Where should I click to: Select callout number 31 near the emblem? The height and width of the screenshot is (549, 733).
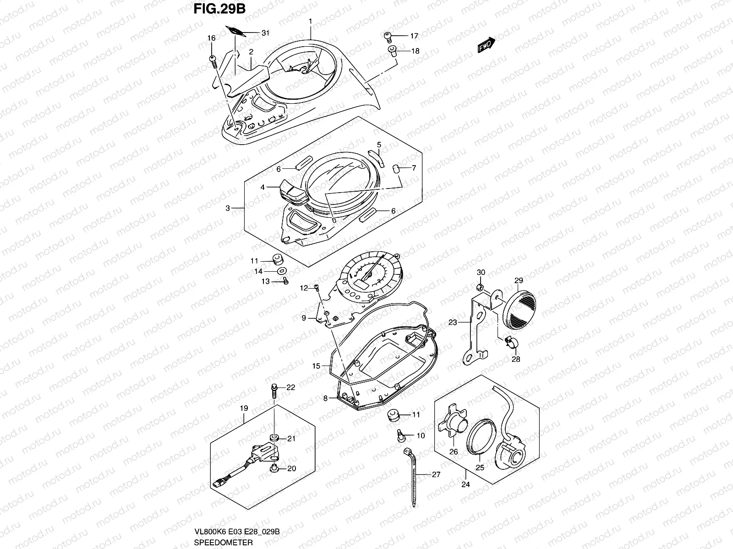(265, 33)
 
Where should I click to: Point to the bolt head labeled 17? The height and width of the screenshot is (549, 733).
(388, 35)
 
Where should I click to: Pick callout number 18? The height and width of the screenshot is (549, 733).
(415, 51)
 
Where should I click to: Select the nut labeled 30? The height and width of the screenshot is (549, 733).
(479, 287)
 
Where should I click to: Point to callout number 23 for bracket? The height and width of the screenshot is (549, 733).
(453, 323)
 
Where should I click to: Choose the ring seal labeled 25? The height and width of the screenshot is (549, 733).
(479, 434)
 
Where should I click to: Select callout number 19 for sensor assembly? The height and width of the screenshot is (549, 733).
(244, 407)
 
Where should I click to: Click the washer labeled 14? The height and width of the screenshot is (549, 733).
(280, 271)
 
